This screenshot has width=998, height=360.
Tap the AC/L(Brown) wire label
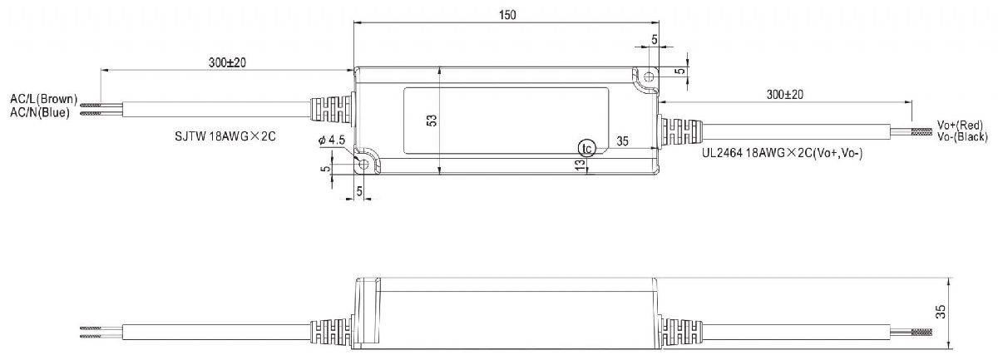(43, 99)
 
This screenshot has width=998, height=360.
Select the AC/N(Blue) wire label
(40, 112)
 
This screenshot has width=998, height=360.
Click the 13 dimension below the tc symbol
(580, 167)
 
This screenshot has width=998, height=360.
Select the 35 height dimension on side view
(961, 314)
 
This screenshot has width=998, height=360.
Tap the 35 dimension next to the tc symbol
(621, 142)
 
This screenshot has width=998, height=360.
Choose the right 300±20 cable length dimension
(784, 96)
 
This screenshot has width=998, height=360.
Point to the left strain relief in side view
(332, 330)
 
